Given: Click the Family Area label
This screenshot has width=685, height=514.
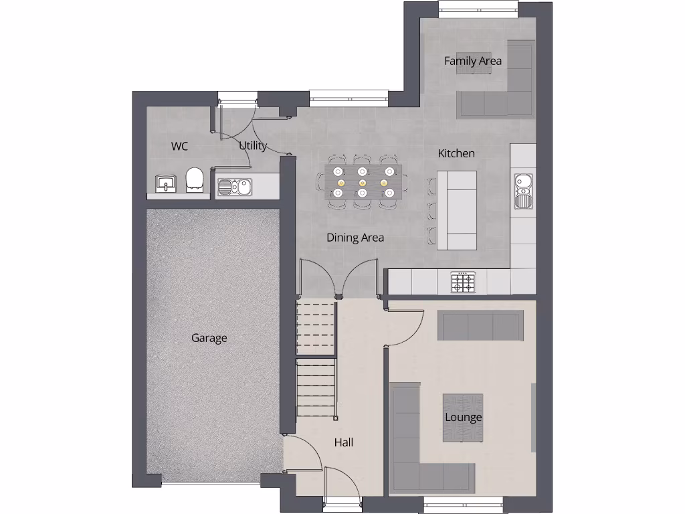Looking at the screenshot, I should click(x=473, y=61).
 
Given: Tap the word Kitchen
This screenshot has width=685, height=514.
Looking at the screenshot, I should click(x=456, y=153).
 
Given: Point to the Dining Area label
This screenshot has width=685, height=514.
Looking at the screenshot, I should click(x=355, y=237).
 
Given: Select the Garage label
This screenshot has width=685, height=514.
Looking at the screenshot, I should click(x=209, y=338).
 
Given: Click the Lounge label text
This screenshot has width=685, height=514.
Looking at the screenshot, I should click(x=464, y=418).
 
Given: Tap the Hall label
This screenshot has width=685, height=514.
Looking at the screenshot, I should click(x=344, y=442).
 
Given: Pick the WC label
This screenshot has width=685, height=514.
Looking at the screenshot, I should click(x=179, y=146).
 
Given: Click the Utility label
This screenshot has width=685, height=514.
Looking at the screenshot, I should click(x=253, y=146).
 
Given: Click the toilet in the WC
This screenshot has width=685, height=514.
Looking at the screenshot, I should click(x=195, y=180).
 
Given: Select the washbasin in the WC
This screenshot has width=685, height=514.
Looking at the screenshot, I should click(x=165, y=183).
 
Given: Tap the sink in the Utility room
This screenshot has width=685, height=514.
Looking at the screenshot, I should click(x=233, y=186).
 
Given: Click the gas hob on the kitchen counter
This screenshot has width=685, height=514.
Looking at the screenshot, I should click(x=462, y=282).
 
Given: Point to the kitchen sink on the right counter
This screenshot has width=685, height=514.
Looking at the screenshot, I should click(x=523, y=190).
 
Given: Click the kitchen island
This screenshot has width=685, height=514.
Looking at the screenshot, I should click(x=457, y=210).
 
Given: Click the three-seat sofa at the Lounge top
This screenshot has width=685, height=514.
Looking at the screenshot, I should click(x=481, y=325).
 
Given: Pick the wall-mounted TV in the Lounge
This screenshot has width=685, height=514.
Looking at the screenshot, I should click(x=533, y=416).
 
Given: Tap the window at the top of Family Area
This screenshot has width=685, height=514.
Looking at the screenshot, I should click(x=478, y=8).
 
